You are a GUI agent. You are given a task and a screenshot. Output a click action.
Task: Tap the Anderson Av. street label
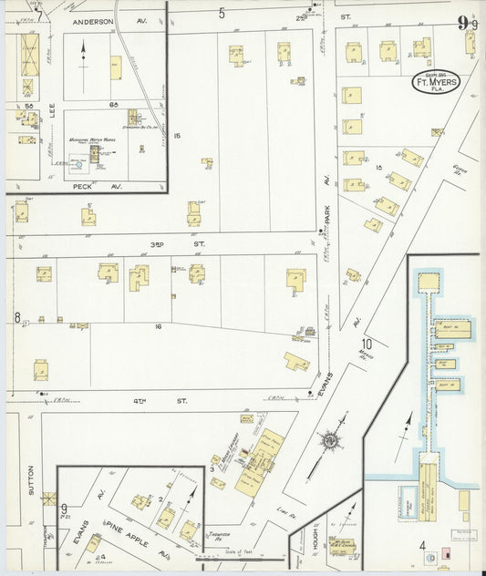[x=92, y=21]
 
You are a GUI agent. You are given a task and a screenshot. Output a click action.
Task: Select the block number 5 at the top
[x=221, y=13]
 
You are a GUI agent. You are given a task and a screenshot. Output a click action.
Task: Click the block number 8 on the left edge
[x=16, y=317]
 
